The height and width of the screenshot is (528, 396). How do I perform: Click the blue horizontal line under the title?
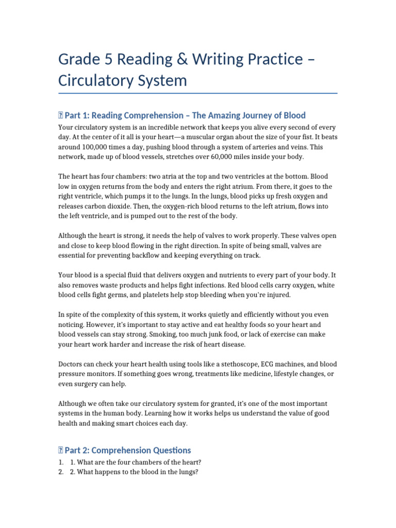(x=198, y=93)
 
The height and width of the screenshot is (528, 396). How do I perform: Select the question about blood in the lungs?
(x=134, y=472)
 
